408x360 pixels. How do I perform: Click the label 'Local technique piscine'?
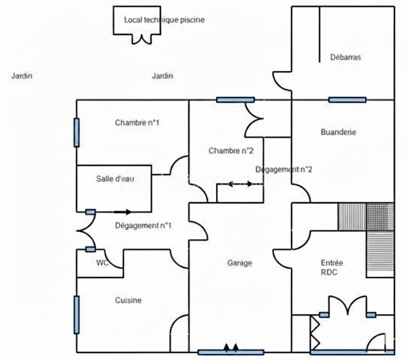point(164,20)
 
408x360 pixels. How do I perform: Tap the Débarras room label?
point(345,57)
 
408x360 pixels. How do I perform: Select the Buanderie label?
point(338,132)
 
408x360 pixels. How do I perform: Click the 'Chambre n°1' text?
point(137,123)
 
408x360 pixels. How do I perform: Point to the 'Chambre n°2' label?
point(231,151)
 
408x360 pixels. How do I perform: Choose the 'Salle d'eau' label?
point(115,179)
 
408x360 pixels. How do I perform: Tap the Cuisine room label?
point(128,300)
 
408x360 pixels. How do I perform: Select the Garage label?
point(239,263)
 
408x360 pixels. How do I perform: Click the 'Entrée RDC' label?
point(332,268)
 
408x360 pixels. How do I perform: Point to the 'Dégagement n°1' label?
point(143,225)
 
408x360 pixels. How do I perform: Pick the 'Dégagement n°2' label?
point(284,169)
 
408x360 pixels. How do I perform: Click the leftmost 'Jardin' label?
point(22,76)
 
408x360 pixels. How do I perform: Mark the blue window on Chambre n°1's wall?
point(76,133)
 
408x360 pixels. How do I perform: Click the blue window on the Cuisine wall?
point(76,315)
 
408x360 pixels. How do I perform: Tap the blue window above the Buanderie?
point(347,100)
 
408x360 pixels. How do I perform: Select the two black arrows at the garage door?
point(231,348)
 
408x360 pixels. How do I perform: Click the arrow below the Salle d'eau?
point(123,212)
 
